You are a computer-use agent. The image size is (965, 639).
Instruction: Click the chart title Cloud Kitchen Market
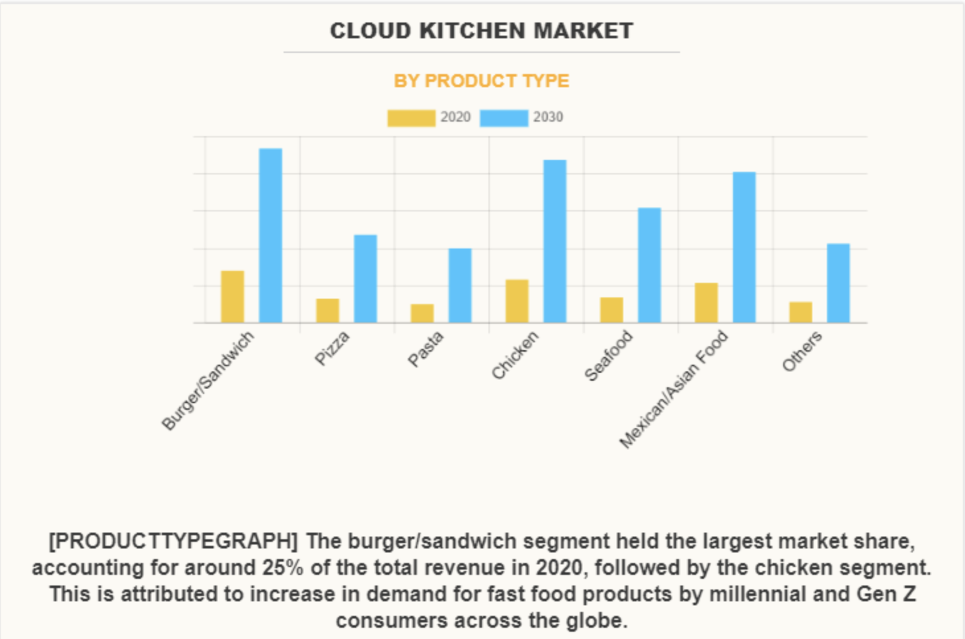point(481,31)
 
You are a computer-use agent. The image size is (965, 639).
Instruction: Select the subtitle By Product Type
point(481,81)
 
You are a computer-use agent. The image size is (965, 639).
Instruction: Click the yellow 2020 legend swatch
point(411,118)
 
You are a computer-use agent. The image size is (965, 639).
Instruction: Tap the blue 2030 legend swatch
point(504,118)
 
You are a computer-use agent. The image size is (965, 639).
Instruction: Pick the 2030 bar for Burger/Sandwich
point(270,235)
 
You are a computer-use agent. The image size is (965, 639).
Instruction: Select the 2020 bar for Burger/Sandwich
point(233,297)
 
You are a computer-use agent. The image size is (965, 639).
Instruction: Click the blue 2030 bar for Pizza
point(365,279)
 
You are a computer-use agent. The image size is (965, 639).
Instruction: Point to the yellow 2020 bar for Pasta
point(422,313)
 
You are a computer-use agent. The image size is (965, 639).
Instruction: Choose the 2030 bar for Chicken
point(555,241)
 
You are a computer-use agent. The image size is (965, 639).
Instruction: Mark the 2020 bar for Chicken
point(517,301)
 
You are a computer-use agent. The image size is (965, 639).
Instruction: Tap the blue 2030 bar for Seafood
point(649,265)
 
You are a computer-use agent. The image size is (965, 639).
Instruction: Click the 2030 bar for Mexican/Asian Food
point(744,247)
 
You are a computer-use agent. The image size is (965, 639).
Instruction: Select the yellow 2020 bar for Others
point(800,313)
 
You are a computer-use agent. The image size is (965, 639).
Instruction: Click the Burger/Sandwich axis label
point(208,381)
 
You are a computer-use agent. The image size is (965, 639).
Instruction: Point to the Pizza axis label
point(332,348)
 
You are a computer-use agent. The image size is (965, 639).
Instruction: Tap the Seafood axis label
point(609,356)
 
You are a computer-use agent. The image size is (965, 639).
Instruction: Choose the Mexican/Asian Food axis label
point(674,390)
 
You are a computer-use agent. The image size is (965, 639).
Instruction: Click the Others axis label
point(802,351)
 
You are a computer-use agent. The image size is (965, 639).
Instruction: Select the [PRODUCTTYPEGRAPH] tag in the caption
point(173,541)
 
